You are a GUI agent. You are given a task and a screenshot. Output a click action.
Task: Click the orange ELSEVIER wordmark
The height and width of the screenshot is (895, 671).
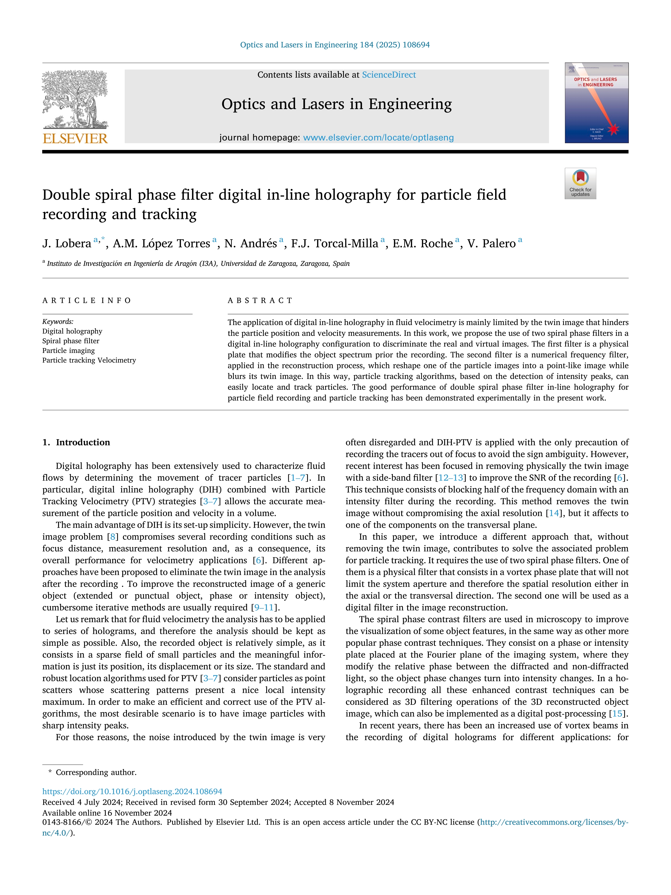pyautogui.click(x=75, y=138)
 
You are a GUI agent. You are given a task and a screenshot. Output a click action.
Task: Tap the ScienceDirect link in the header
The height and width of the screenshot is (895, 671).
pyautogui.click(x=389, y=75)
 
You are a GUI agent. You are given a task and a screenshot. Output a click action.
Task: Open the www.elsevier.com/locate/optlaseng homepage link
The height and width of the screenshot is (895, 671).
pyautogui.click(x=378, y=137)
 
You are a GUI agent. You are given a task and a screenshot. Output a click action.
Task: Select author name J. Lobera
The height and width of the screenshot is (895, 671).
pyautogui.click(x=67, y=244)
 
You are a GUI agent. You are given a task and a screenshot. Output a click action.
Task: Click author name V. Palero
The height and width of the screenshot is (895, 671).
pyautogui.click(x=491, y=244)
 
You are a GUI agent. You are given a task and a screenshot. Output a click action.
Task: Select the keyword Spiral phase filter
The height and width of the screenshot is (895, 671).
pyautogui.click(x=71, y=341)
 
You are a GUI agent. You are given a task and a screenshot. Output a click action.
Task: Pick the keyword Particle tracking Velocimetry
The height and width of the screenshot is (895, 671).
pyautogui.click(x=89, y=360)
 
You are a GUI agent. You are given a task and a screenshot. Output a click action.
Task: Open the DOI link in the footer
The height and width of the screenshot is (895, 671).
pyautogui.click(x=132, y=791)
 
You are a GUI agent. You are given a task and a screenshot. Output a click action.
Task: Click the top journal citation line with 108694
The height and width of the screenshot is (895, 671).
pyautogui.click(x=335, y=45)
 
